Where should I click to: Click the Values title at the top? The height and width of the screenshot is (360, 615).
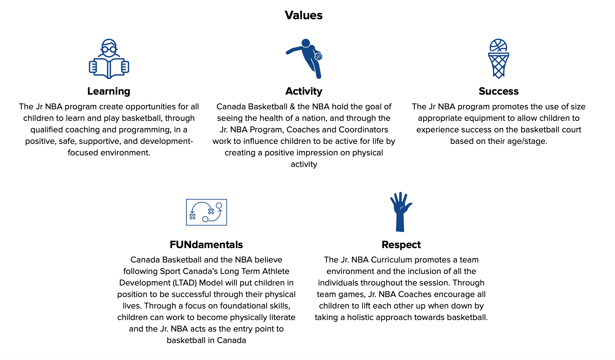point(303,15)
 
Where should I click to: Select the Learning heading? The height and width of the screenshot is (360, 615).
point(109,91)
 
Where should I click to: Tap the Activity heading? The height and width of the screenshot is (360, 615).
point(304,91)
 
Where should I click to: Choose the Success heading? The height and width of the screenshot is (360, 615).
point(499,91)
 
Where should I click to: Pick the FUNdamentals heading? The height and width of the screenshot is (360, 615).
point(206,245)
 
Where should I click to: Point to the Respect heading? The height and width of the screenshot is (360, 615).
point(401,245)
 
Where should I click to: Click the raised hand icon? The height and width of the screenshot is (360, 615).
point(401,212)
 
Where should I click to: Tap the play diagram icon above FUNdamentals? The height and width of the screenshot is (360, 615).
point(206,212)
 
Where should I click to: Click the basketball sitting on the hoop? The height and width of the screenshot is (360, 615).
point(498,45)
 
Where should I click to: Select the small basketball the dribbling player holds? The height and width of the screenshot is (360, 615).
point(318,57)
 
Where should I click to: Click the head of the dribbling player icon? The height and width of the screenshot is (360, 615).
point(306,43)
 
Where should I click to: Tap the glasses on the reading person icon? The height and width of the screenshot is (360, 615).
point(109,49)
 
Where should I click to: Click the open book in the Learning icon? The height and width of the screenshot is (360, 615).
point(109,68)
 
